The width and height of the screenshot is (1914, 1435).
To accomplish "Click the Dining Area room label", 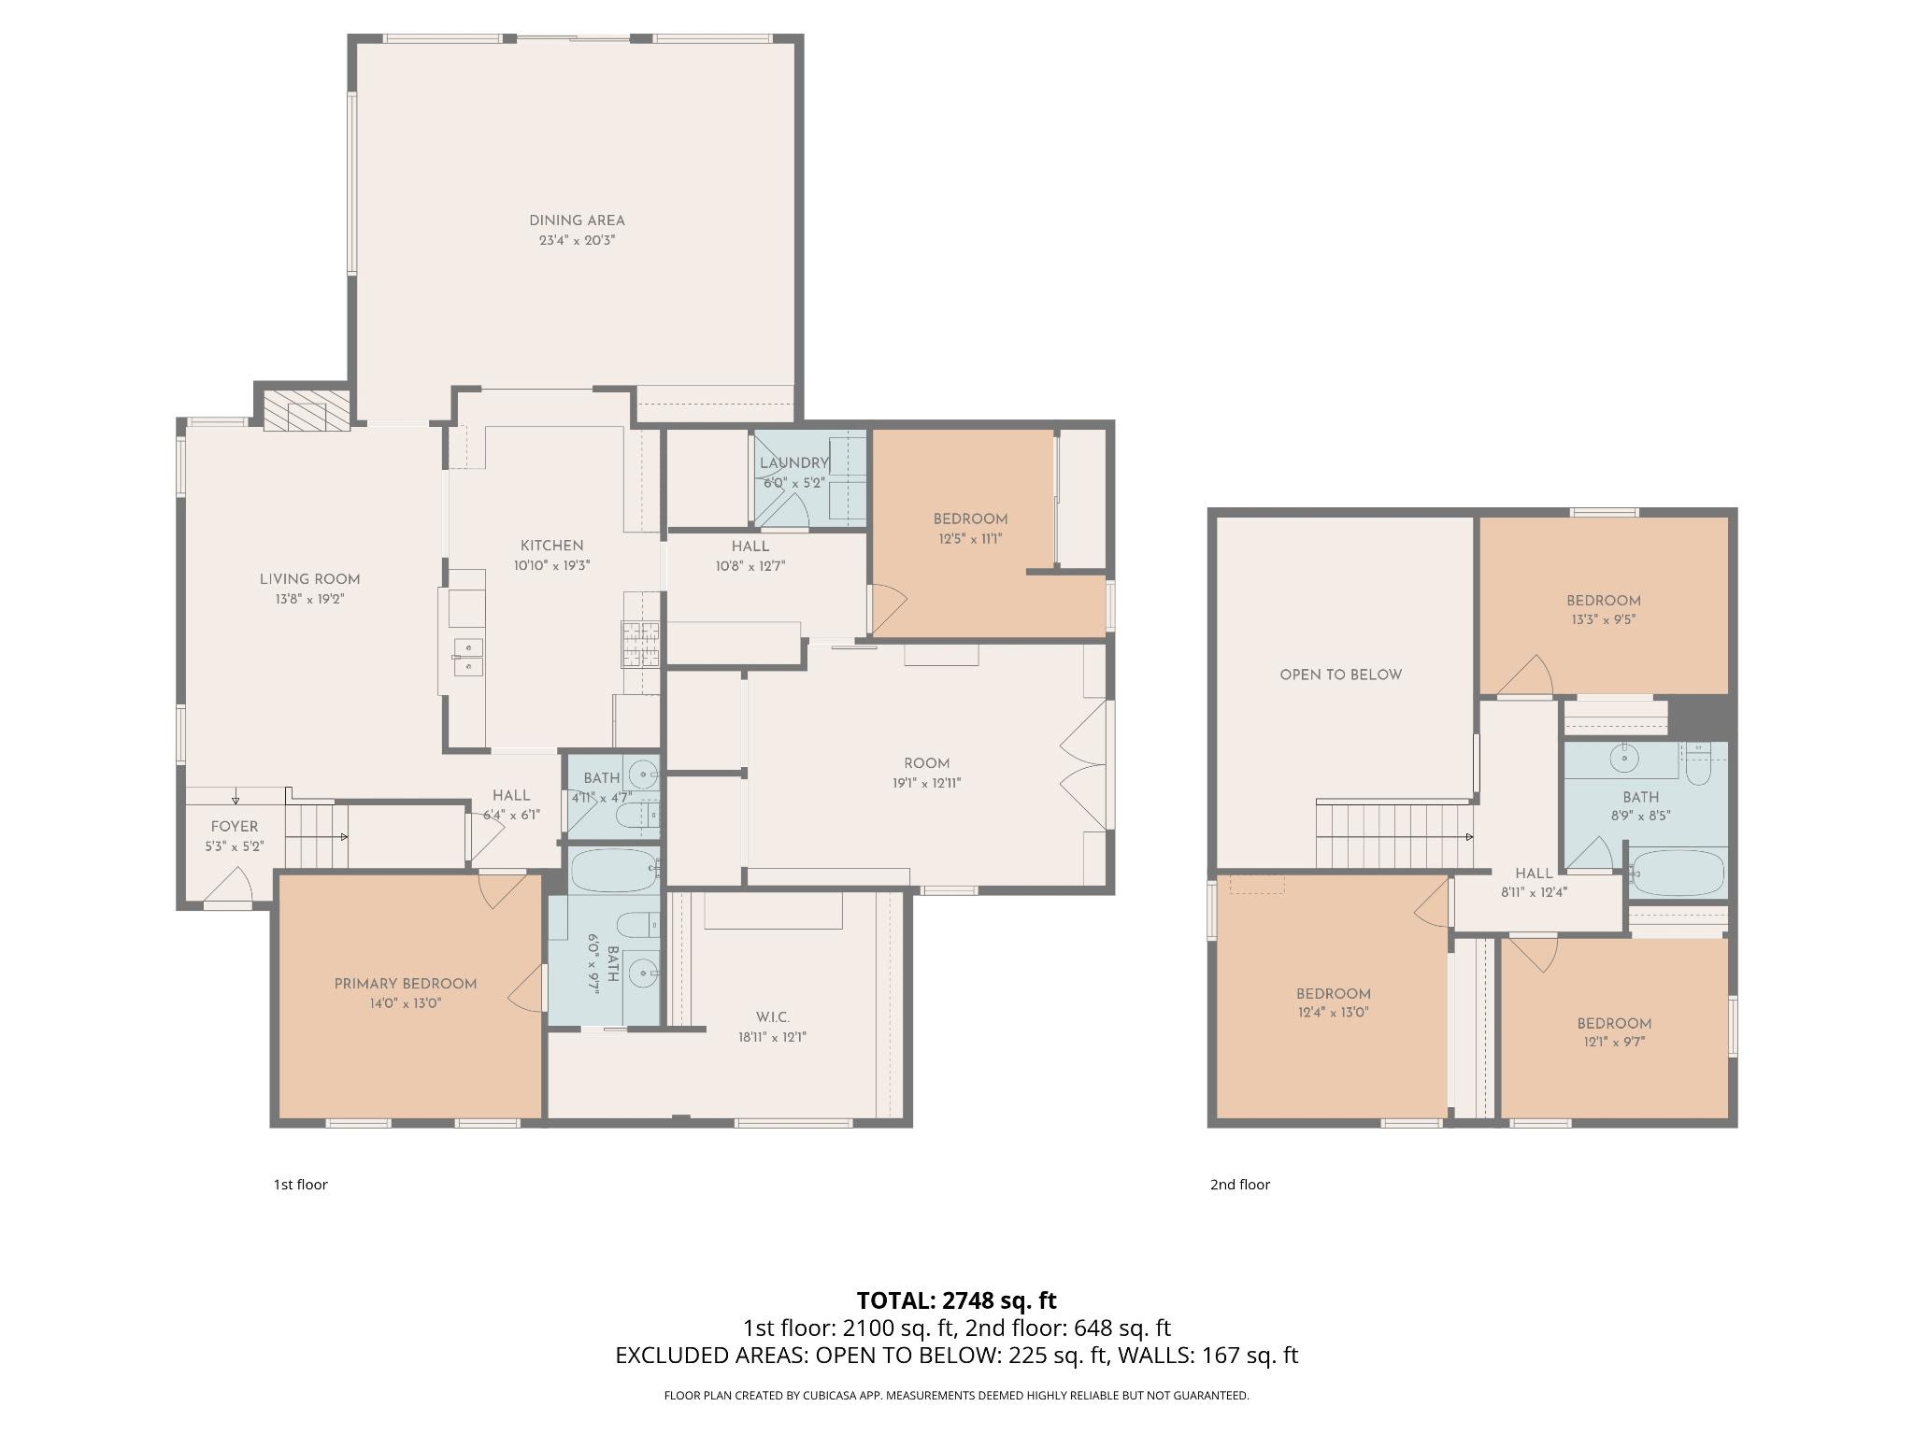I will tap(577, 220).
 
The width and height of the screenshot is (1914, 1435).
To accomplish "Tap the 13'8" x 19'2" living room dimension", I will tap(309, 599).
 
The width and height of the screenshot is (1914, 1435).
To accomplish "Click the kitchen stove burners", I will tap(640, 645).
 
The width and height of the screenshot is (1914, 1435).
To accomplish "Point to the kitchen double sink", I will tap(468, 656).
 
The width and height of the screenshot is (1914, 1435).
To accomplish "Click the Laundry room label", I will tap(793, 463).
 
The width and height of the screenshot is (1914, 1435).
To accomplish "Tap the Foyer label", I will tap(234, 827).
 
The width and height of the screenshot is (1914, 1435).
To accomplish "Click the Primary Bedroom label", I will tap(406, 984).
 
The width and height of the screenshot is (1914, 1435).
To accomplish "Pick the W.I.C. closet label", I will tap(772, 1017).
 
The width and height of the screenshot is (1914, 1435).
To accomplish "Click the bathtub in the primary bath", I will tap(615, 871).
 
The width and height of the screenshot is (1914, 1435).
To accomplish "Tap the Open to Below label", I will tap(1340, 675).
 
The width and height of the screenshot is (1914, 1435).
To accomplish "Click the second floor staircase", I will tap(1393, 835).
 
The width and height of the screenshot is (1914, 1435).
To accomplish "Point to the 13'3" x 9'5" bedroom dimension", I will tap(1603, 619).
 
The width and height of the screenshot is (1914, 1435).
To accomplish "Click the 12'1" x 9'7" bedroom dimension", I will tap(1614, 1042).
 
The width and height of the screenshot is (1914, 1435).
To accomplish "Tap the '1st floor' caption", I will tap(300, 1185).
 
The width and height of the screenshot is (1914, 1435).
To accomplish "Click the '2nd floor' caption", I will tap(1239, 1185).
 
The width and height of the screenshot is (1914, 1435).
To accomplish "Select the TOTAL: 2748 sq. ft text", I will tap(956, 1300).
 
